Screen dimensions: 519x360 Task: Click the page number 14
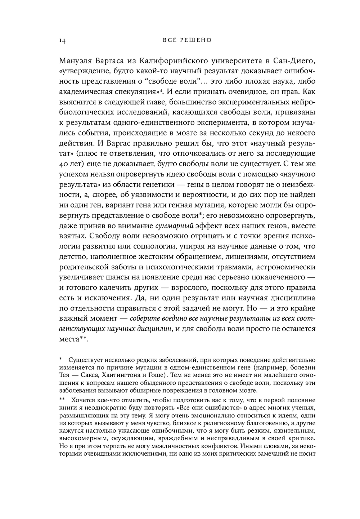tap(62, 40)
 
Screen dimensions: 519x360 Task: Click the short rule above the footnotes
tap(73, 351)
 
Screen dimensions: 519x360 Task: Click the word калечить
tap(117, 288)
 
